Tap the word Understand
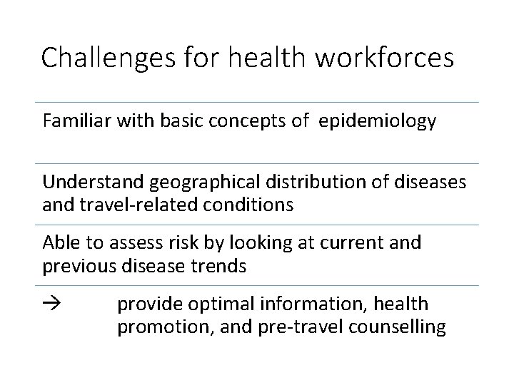94,183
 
